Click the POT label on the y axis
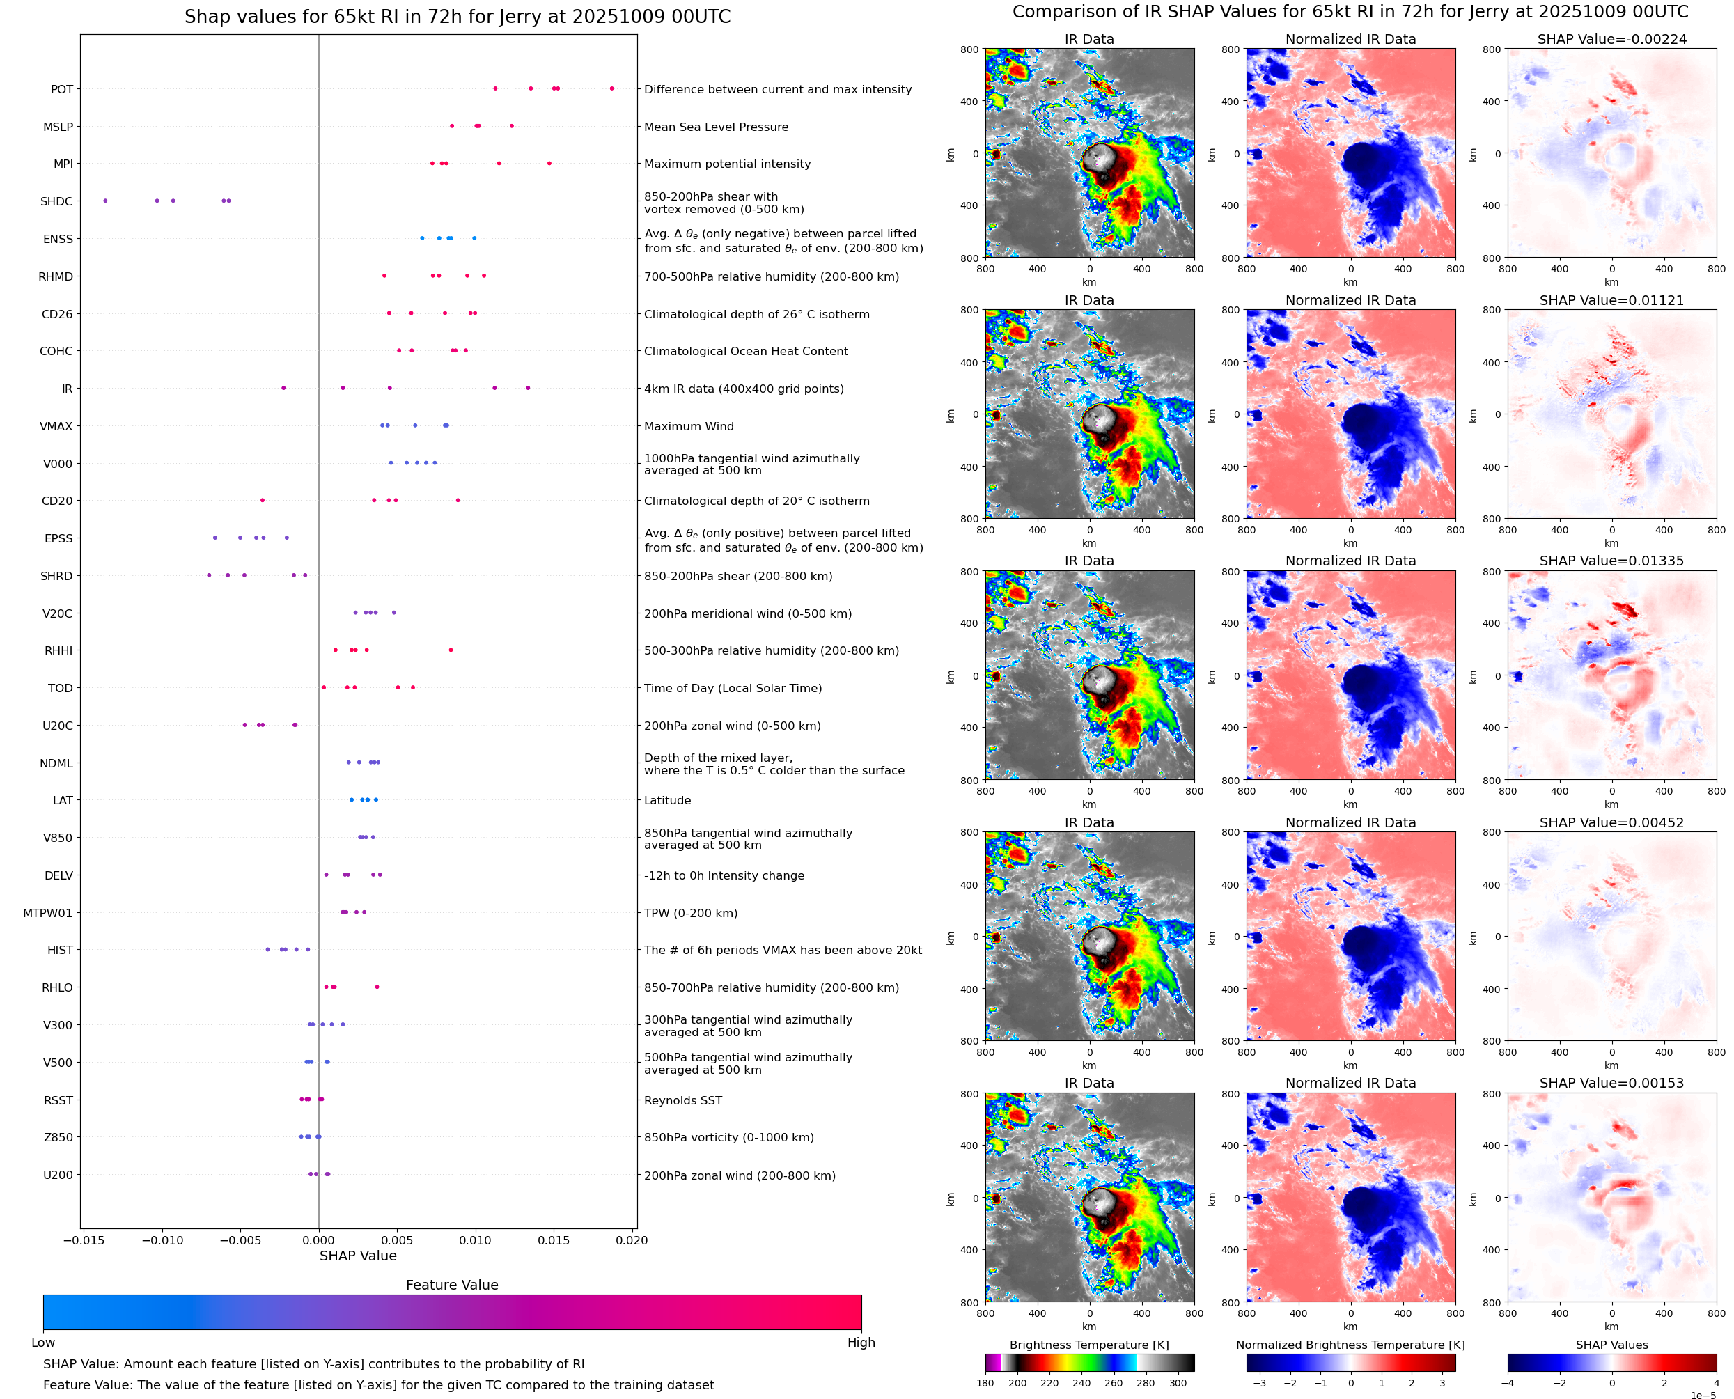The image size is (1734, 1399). point(61,89)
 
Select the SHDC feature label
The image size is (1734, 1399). point(56,201)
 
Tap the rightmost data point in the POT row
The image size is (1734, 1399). point(611,88)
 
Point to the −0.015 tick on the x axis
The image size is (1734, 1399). point(83,1240)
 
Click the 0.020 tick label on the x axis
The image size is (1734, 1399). point(631,1240)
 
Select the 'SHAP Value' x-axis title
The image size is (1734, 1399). point(358,1256)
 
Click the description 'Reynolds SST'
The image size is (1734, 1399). point(682,1100)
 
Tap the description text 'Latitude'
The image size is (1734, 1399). point(667,800)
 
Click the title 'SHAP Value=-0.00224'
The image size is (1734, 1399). point(1611,39)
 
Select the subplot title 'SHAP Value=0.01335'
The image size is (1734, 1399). point(1611,561)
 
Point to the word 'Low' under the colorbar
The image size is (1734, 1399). point(42,1343)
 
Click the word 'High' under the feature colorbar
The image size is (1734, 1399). point(861,1343)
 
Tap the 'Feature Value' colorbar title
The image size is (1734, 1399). point(452,1285)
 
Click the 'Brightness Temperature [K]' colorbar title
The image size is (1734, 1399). point(1088,1345)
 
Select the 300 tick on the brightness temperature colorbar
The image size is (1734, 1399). point(1178,1383)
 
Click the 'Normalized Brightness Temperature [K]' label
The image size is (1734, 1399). point(1350,1345)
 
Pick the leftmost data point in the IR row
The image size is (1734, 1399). point(283,388)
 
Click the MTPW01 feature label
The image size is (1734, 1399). point(47,913)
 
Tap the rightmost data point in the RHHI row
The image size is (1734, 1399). point(451,650)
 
